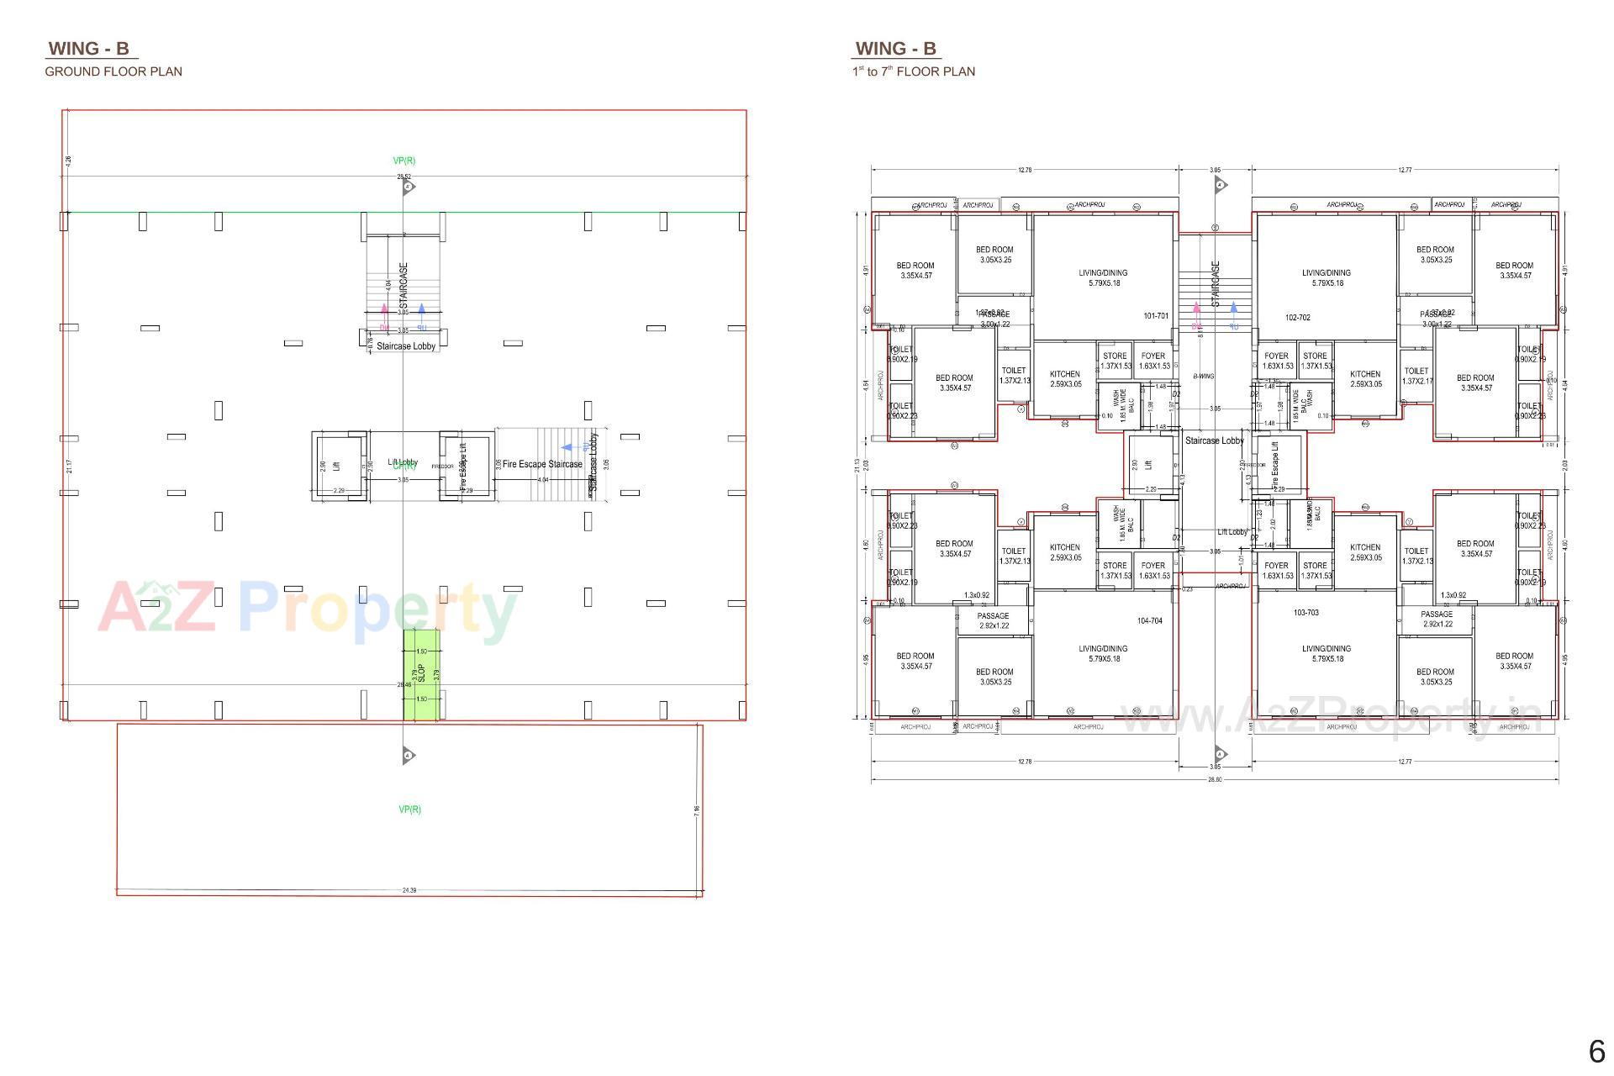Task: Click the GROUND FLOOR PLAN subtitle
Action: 113,71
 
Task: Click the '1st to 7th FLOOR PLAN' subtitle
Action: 914,71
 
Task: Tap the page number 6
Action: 1596,1052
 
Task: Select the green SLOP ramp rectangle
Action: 421,674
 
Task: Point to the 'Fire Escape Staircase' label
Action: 542,464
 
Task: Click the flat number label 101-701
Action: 1156,316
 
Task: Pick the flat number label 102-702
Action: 1298,318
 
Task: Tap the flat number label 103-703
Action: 1305,613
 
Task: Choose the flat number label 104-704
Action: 1150,621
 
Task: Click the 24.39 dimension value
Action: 409,889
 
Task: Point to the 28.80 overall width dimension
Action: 1215,779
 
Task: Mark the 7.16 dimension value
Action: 697,810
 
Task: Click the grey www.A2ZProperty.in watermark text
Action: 1332,718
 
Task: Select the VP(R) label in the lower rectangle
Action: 409,810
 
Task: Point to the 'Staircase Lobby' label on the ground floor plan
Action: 406,346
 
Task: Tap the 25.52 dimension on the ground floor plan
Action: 404,177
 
